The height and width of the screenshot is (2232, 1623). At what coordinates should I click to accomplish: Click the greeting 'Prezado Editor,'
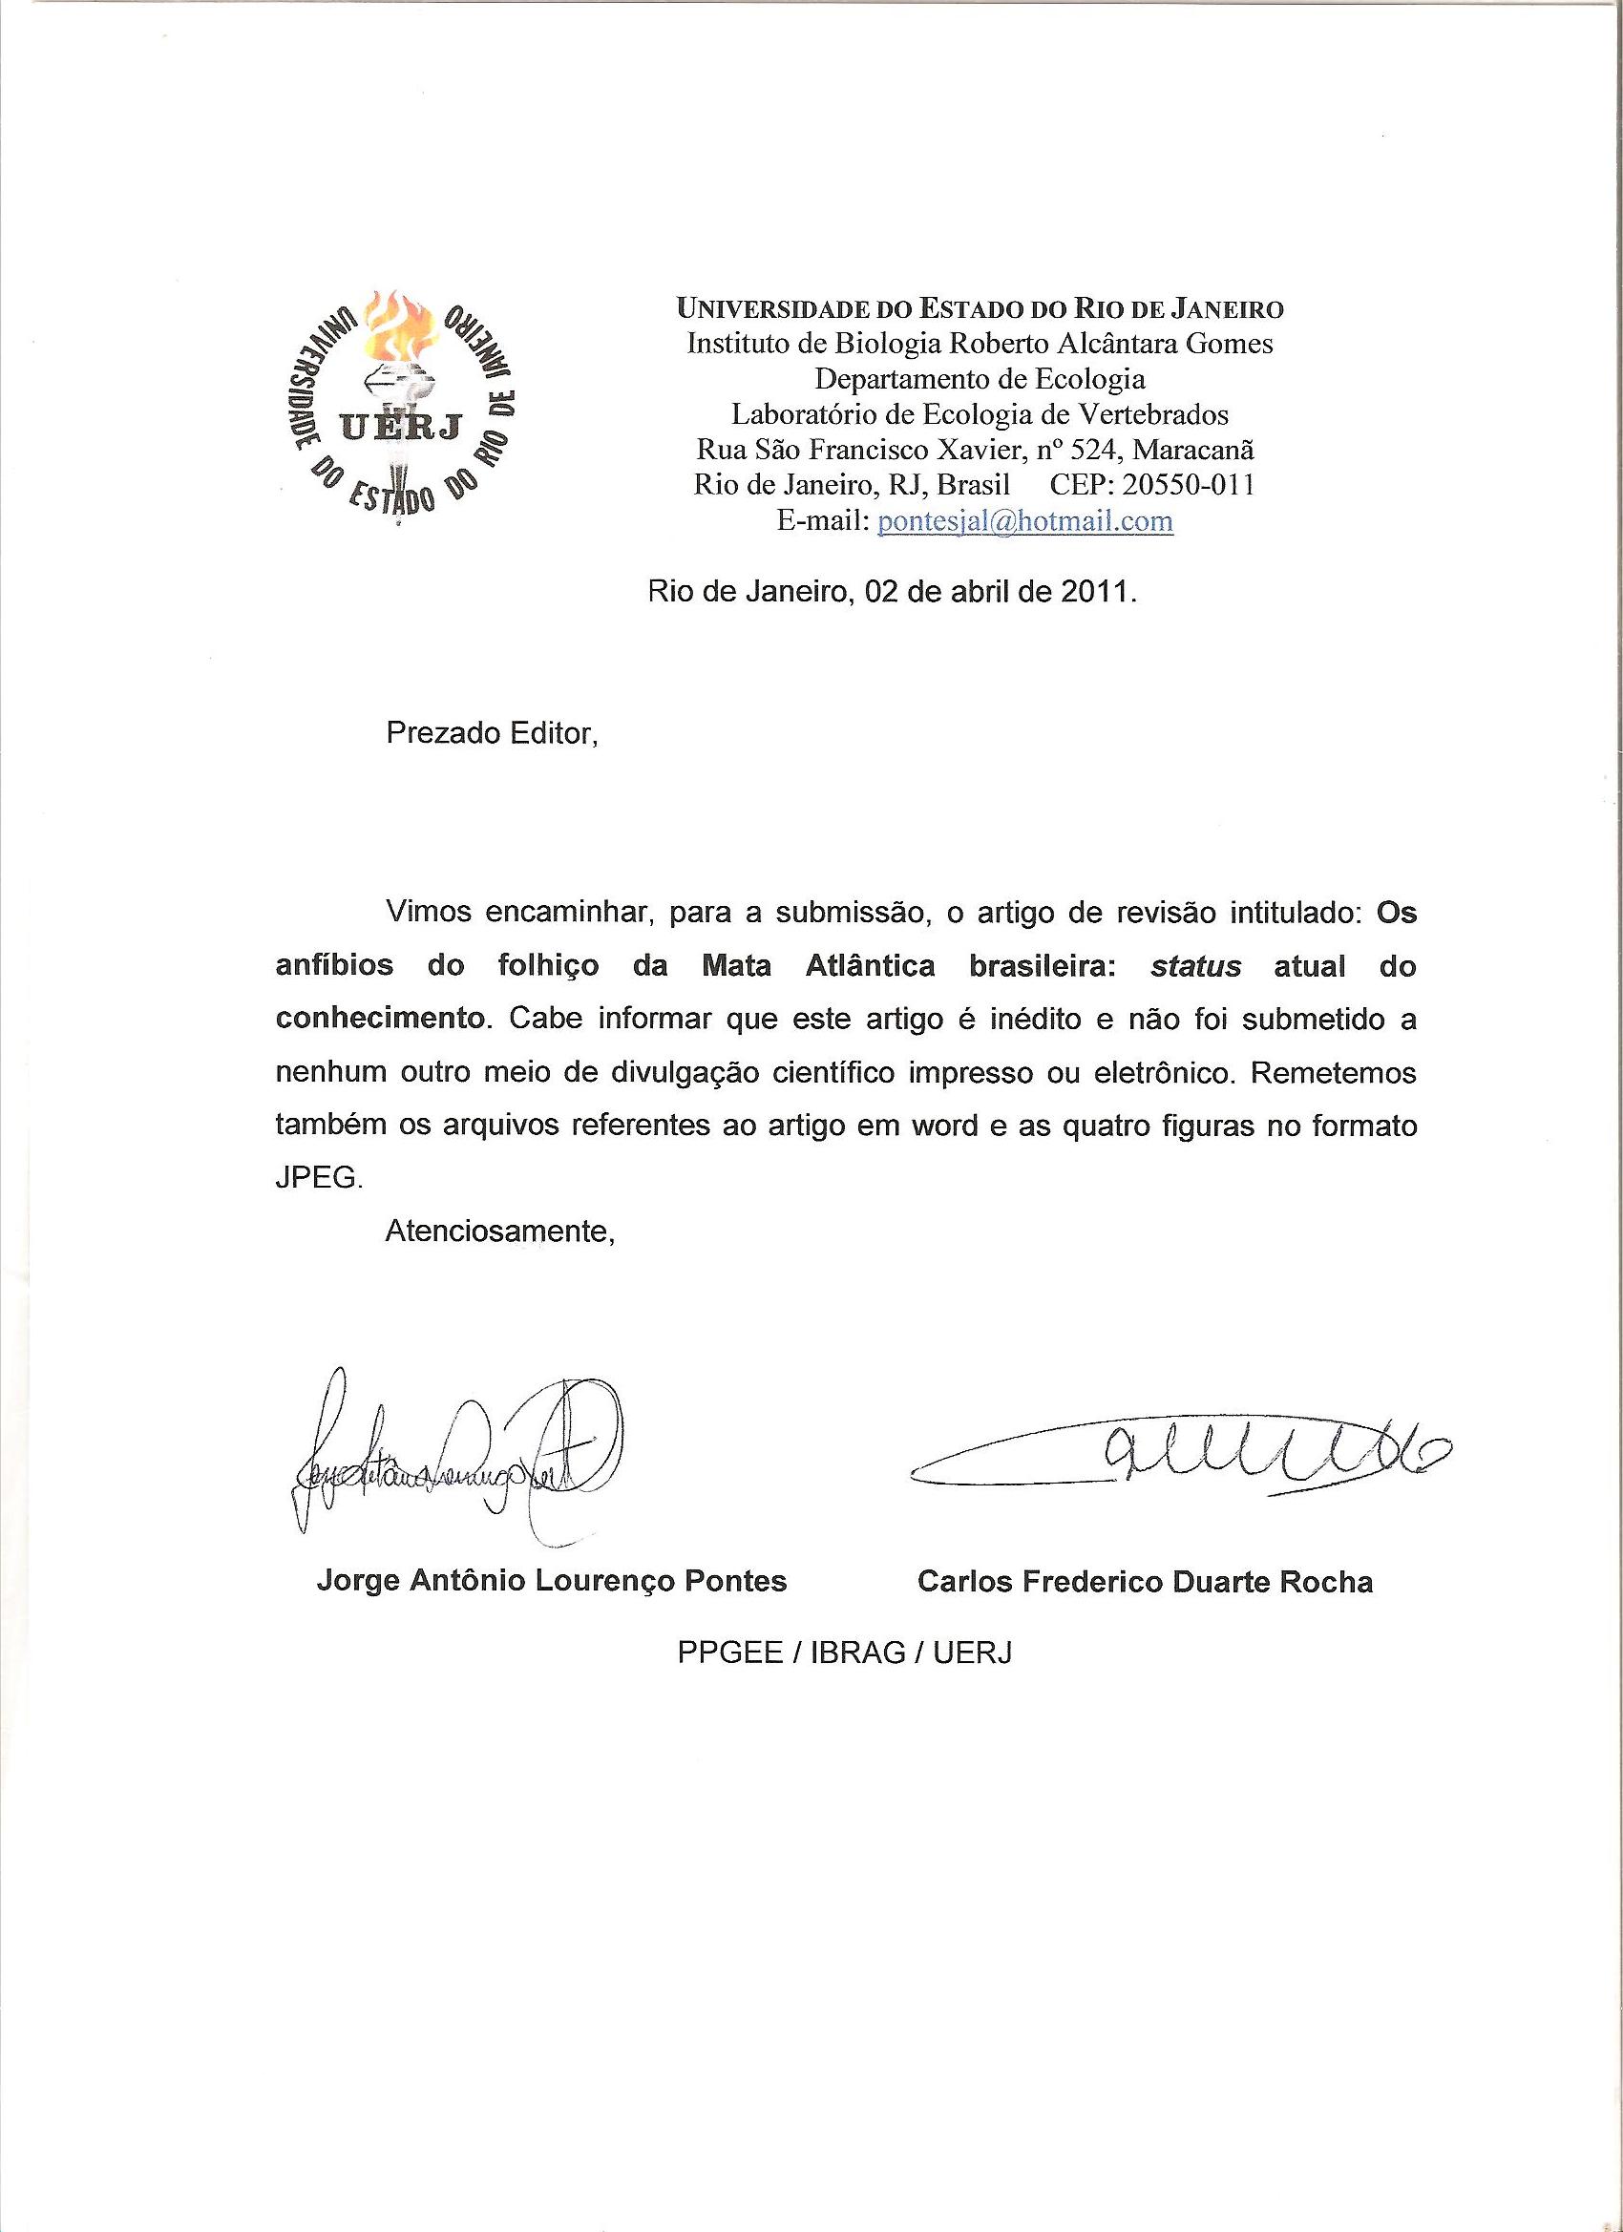click(x=492, y=734)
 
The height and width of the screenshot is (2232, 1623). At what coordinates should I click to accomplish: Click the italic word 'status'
click(x=1195, y=965)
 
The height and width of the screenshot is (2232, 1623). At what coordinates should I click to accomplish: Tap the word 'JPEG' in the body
click(x=318, y=1178)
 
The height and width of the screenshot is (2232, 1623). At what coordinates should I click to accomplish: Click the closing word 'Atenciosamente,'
click(x=500, y=1231)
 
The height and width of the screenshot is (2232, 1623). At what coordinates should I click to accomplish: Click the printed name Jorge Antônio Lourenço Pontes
click(x=551, y=1582)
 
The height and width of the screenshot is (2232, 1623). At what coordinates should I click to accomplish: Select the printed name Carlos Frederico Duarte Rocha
click(x=1145, y=1582)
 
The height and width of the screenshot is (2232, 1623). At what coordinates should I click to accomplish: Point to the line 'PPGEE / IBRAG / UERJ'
click(x=845, y=1653)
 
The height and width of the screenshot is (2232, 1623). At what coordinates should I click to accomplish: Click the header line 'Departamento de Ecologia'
click(x=980, y=379)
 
